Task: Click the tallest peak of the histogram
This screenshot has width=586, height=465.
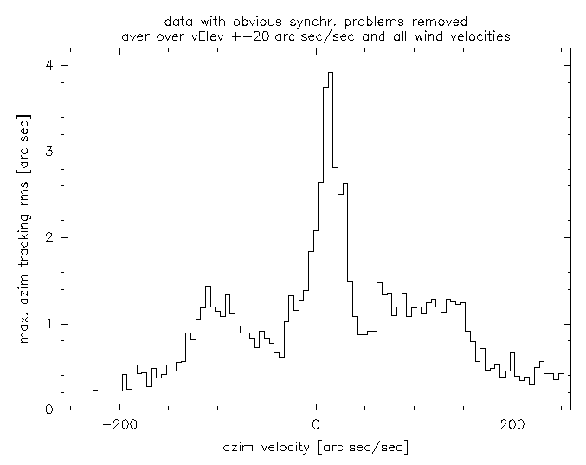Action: click(x=331, y=74)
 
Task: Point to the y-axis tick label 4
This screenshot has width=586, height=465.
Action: click(x=51, y=65)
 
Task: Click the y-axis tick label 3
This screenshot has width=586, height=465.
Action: click(x=51, y=152)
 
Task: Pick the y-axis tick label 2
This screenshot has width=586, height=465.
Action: click(x=51, y=237)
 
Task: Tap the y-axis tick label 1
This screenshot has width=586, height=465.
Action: click(x=51, y=324)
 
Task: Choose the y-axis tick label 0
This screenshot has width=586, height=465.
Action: click(x=51, y=410)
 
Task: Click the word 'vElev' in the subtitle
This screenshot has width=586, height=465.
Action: click(x=223, y=36)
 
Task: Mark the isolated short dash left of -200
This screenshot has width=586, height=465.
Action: click(x=95, y=391)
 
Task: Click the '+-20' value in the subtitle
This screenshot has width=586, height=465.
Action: click(x=264, y=36)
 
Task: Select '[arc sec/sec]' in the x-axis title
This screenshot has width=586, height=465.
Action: click(x=363, y=447)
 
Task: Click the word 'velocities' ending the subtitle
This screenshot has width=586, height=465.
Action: click(x=481, y=36)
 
